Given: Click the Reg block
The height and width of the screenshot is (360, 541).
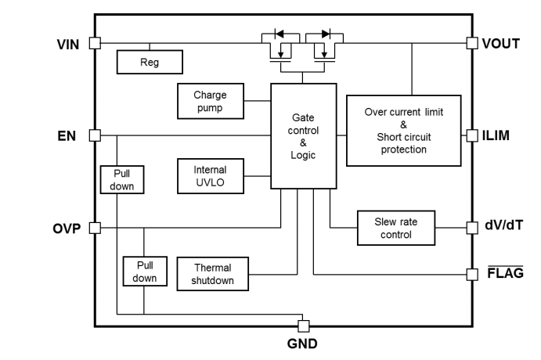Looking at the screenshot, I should click(x=149, y=61).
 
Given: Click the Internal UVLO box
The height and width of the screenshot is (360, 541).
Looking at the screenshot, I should click(x=210, y=175).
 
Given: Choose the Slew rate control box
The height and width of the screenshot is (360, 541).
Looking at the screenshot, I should click(x=395, y=228).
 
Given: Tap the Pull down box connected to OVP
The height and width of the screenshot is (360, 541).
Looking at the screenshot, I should click(x=144, y=271).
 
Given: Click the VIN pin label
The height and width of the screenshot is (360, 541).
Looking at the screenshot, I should click(x=68, y=43).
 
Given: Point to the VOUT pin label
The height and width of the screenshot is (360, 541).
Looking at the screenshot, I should click(x=501, y=43).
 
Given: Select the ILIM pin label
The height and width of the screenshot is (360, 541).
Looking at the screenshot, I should click(x=496, y=135).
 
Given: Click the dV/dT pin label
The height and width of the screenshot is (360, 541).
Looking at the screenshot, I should click(x=500, y=228).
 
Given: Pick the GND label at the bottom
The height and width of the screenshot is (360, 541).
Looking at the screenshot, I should click(x=303, y=344).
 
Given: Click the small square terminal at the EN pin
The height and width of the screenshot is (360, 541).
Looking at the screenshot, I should click(x=95, y=135).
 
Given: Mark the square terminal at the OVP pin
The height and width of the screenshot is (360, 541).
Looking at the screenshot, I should click(x=95, y=228).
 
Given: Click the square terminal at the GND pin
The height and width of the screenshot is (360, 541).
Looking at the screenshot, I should click(x=303, y=325).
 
